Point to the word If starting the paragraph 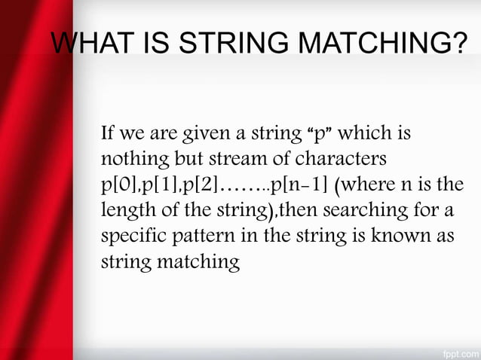click(x=106, y=134)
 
